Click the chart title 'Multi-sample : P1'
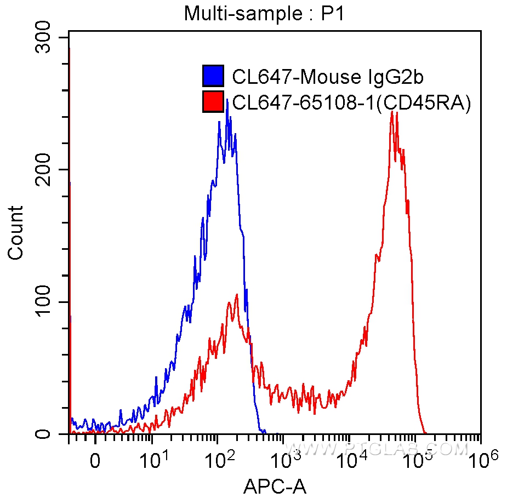(264, 13)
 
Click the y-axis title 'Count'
(16, 232)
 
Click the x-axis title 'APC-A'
(275, 485)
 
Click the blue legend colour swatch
(213, 76)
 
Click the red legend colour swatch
(213, 102)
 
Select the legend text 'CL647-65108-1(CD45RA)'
(351, 102)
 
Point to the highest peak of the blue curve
(227, 101)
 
